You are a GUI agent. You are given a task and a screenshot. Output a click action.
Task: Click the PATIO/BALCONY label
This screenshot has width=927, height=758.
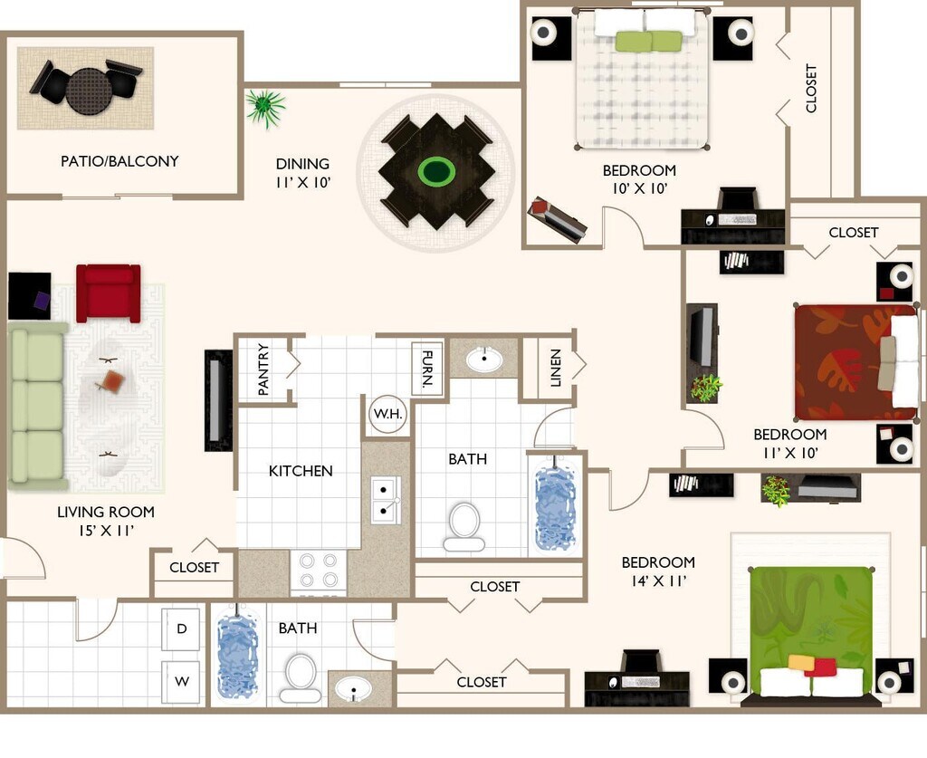119,161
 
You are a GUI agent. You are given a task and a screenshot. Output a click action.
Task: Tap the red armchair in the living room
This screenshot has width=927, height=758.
109,293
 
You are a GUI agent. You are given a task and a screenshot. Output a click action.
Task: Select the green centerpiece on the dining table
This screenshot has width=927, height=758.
436,171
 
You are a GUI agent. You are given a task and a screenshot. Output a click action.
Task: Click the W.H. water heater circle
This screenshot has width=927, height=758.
387,414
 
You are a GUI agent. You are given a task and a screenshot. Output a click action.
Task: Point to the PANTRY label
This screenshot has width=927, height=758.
263,369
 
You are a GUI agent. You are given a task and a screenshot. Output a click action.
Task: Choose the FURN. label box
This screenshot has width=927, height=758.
427,369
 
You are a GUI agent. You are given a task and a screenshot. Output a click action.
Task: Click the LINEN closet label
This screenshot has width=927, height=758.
556,368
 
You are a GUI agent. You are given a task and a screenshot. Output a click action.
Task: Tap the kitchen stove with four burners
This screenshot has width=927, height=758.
318,571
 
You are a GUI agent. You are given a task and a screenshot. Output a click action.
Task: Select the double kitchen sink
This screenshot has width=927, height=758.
385,500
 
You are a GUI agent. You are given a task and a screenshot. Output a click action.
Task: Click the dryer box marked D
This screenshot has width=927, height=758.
181,628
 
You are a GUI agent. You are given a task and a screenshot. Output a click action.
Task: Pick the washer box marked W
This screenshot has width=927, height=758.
181,681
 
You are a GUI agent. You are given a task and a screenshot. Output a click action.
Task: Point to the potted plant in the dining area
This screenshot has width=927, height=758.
265,108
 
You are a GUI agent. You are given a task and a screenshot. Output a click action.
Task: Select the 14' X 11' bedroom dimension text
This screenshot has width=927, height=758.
659,580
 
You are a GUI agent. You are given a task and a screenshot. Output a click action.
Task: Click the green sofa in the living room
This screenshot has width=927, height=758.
38,407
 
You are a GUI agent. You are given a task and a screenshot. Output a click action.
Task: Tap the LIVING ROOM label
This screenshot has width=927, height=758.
106,512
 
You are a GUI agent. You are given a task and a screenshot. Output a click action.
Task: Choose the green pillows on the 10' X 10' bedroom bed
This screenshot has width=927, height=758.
648,42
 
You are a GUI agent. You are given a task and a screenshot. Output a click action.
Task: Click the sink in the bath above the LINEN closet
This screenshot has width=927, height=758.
484,359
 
